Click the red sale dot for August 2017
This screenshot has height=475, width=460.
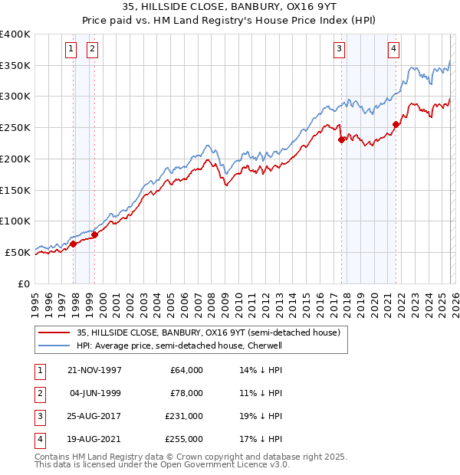coord(341,139)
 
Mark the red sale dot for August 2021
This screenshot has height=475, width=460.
coord(396,124)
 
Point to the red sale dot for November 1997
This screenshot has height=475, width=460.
coord(74,244)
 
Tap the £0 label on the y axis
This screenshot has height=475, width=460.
coord(25,283)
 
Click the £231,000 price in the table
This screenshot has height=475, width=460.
coord(184,418)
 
